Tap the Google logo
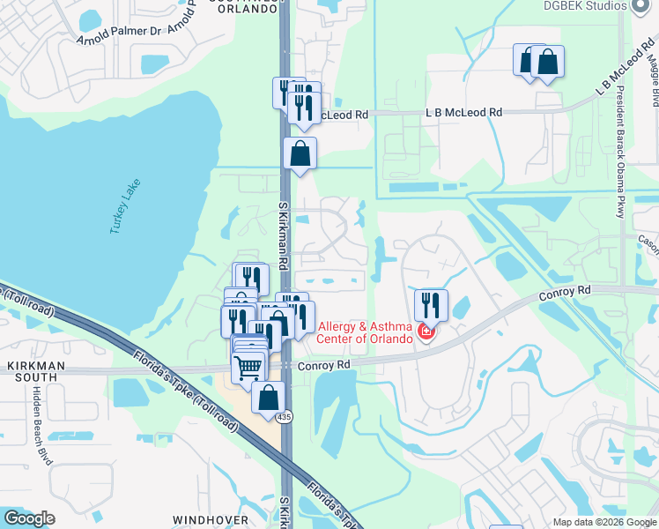click(29, 518)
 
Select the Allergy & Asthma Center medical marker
click(426, 332)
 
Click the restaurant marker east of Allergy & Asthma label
click(431, 305)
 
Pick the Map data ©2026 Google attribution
click(604, 522)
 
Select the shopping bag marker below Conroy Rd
click(268, 397)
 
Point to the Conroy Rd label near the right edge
click(574, 291)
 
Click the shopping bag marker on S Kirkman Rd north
click(300, 153)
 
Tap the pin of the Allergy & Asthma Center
click(426, 332)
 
